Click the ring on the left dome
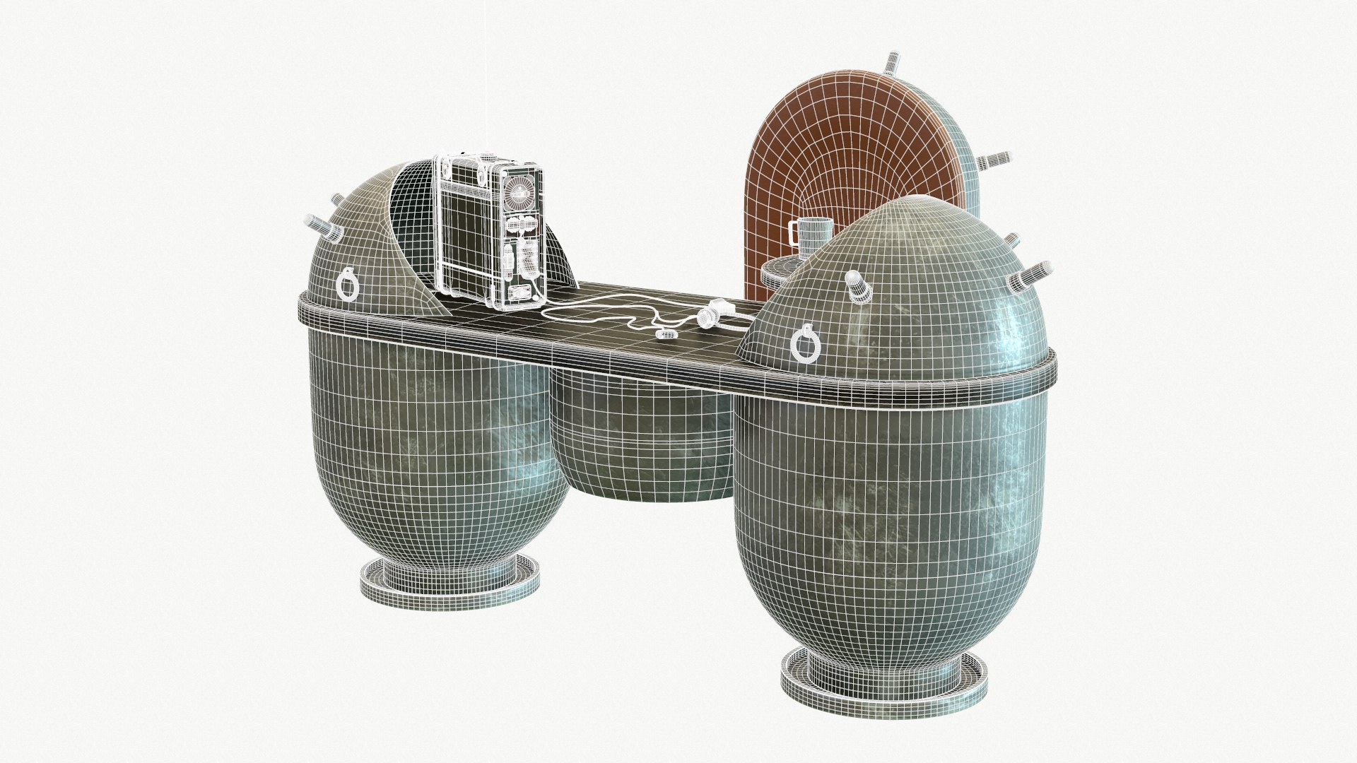tap(348, 283)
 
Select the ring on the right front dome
tap(805, 344)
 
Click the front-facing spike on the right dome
tap(857, 285)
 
